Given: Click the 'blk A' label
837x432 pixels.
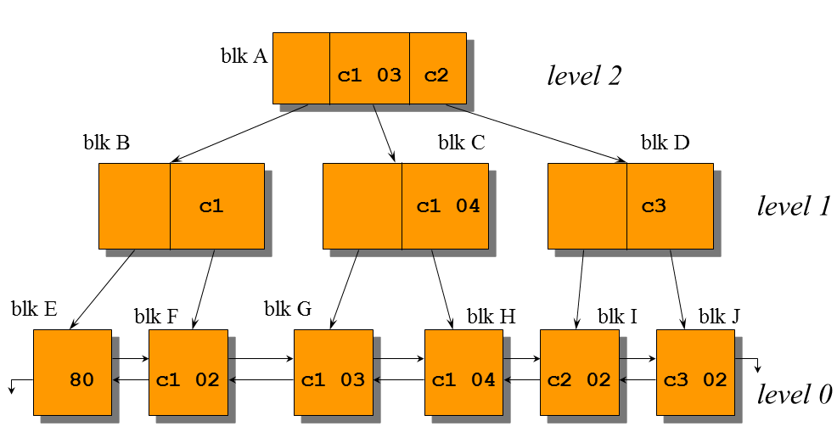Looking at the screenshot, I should pos(244,57).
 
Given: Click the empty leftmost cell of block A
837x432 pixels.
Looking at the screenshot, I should pos(301,68).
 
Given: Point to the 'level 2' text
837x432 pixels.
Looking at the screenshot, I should pos(584,76).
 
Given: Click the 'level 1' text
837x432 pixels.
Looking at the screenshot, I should pos(793,205).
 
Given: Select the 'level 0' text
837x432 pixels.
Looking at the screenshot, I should pos(795,394).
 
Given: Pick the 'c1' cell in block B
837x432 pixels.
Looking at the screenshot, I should pos(216,206).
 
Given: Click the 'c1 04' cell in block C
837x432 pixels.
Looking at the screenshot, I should pos(446,206).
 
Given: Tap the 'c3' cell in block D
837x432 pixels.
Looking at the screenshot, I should pos(669,206).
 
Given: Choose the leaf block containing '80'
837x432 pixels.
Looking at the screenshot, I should pos(72,373).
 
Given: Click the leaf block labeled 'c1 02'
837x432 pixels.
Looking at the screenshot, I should pos(188,373).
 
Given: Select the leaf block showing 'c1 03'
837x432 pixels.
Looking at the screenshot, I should pos(333,373).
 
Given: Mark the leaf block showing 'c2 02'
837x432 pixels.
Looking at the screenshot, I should pos(579,373).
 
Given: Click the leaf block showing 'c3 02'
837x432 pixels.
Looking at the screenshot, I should pos(695,373).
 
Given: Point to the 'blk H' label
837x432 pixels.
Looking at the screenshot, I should pos(492,317).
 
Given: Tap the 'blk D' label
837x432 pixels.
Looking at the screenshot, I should pos(665,143).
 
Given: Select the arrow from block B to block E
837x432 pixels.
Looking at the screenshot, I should pos(103,289).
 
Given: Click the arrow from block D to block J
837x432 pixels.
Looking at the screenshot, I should pos(677,289).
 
